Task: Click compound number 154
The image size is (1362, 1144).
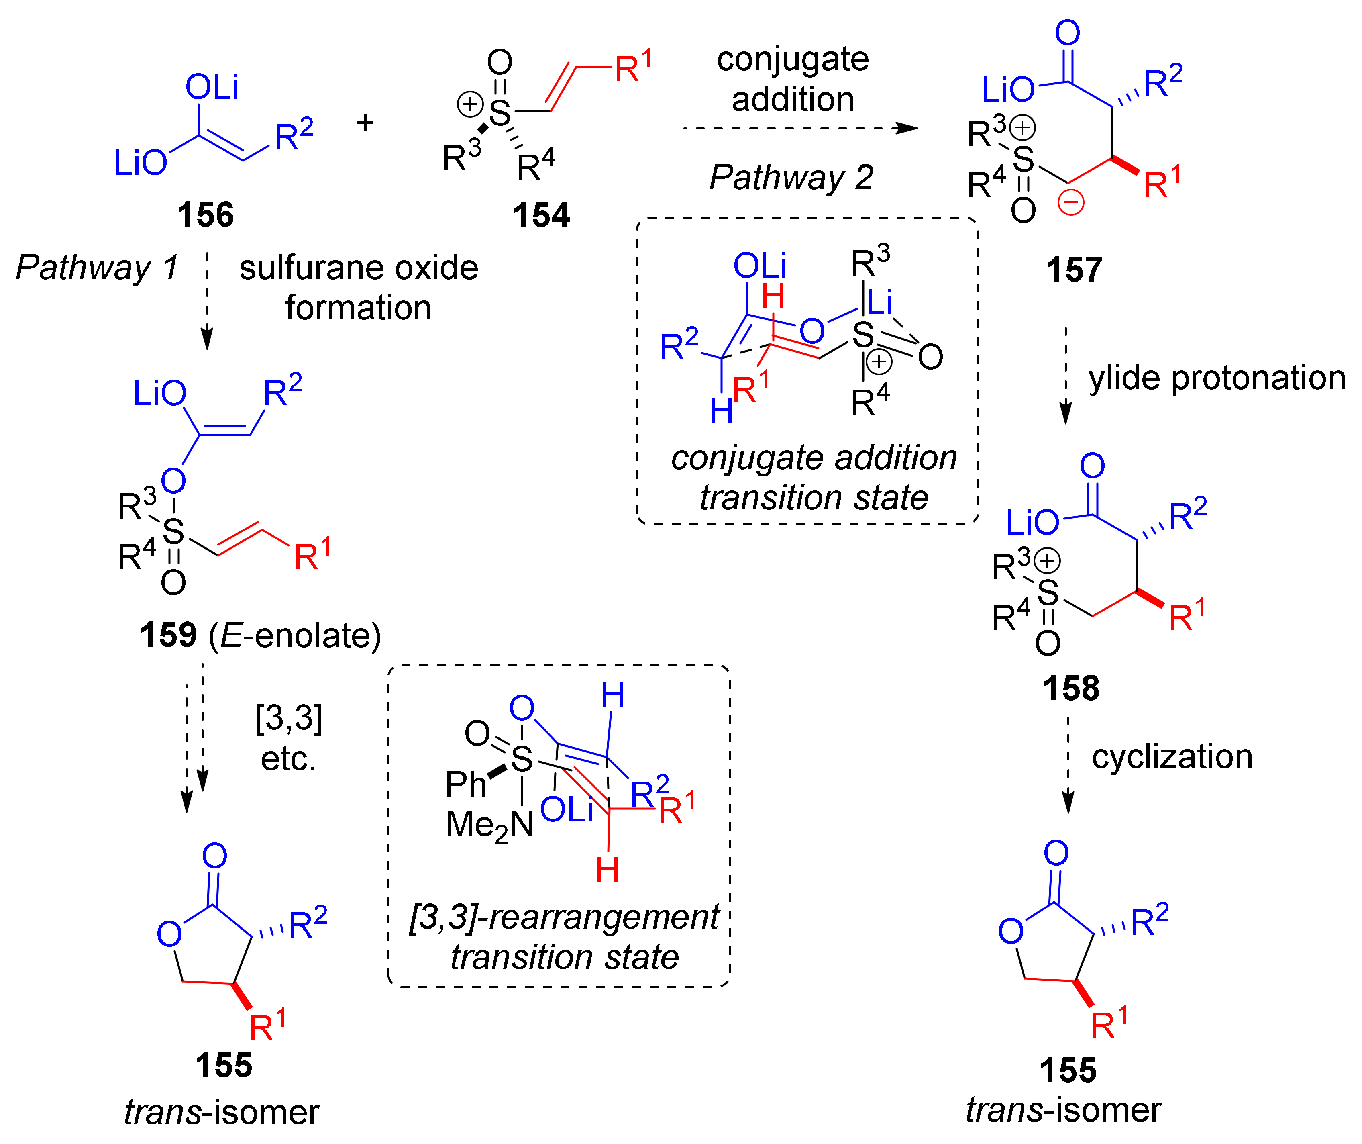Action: tap(541, 215)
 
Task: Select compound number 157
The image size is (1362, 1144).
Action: tap(1073, 270)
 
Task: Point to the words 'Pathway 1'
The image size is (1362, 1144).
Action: tap(97, 268)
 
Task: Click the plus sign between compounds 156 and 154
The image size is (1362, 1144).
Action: tap(365, 122)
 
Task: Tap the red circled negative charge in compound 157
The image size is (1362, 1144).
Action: tap(1071, 202)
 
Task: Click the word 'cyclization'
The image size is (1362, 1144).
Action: tap(1171, 757)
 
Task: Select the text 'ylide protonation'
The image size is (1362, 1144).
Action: tap(1217, 378)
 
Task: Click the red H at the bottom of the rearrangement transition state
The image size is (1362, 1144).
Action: tap(607, 870)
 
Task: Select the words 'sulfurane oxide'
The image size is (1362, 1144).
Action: tap(358, 268)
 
